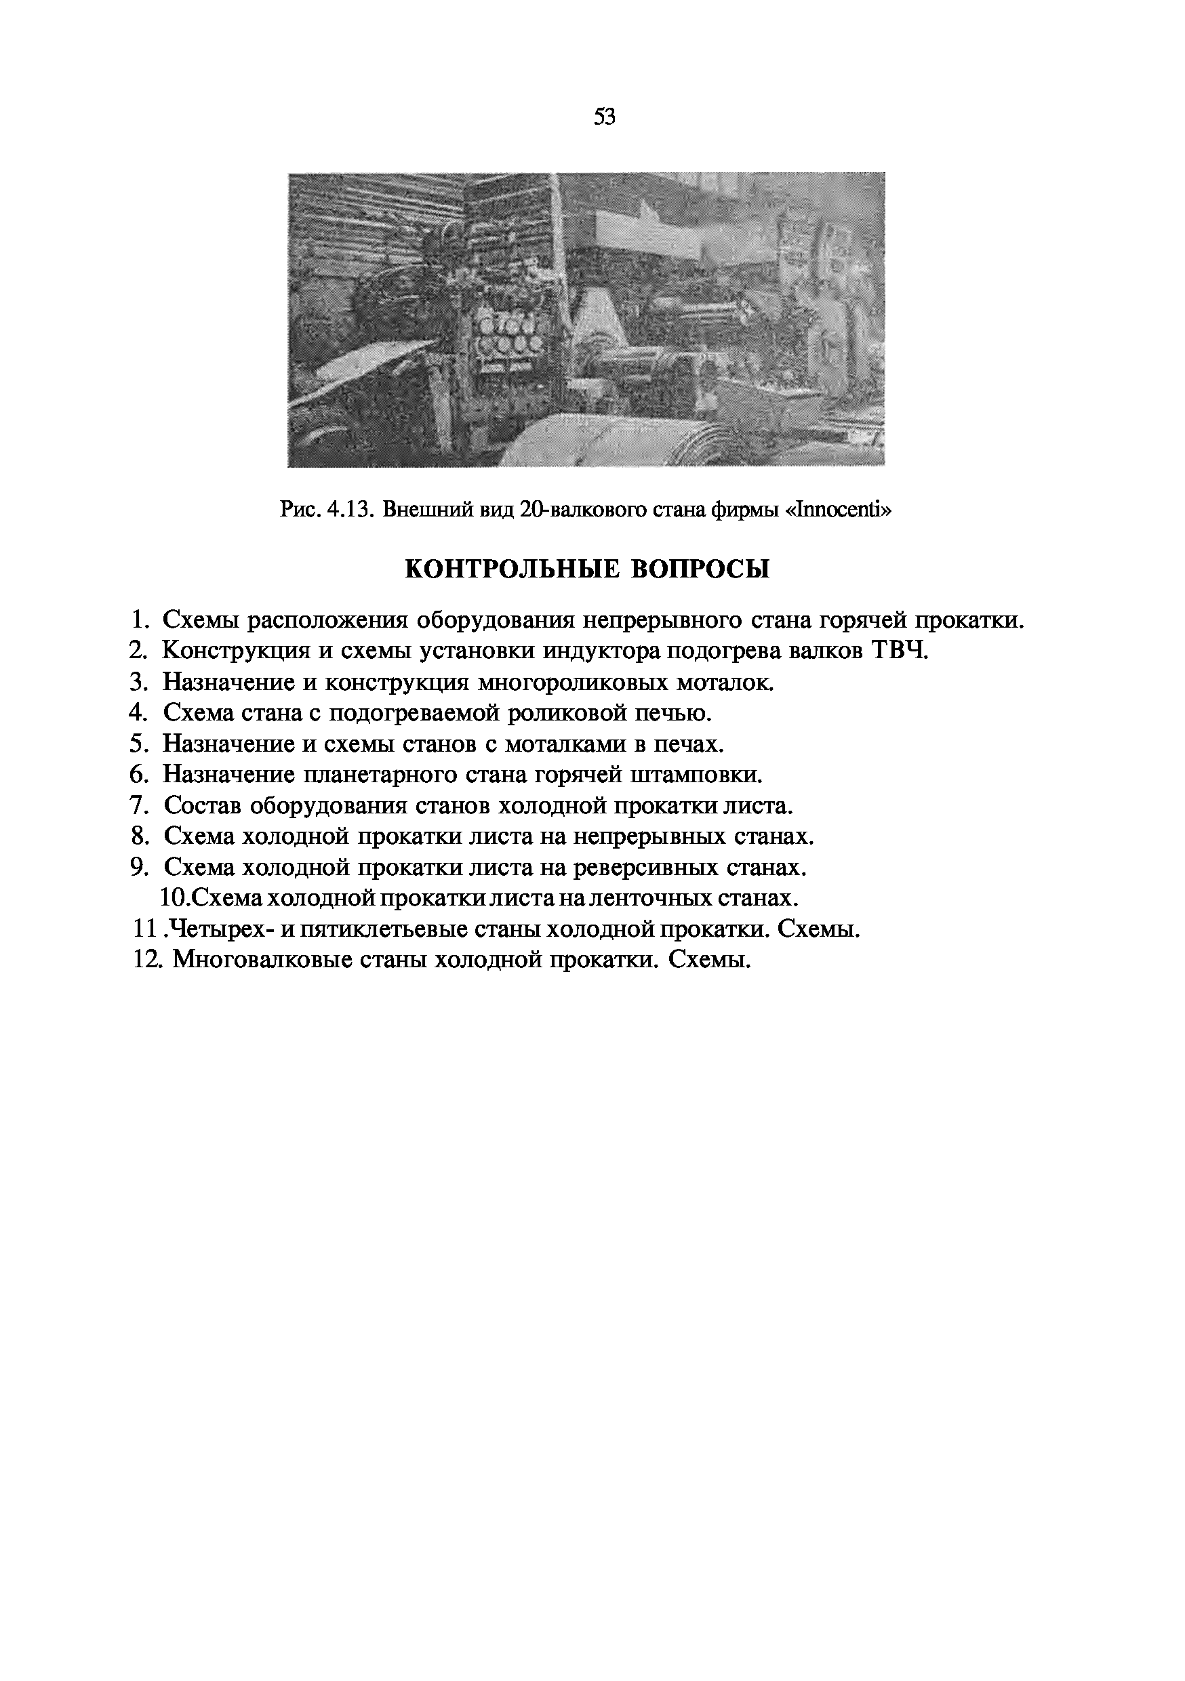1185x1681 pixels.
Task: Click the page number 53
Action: pyautogui.click(x=605, y=117)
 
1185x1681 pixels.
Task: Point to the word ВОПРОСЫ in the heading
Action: pyautogui.click(x=701, y=569)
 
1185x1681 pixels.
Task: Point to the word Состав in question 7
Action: pyautogui.click(x=202, y=805)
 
